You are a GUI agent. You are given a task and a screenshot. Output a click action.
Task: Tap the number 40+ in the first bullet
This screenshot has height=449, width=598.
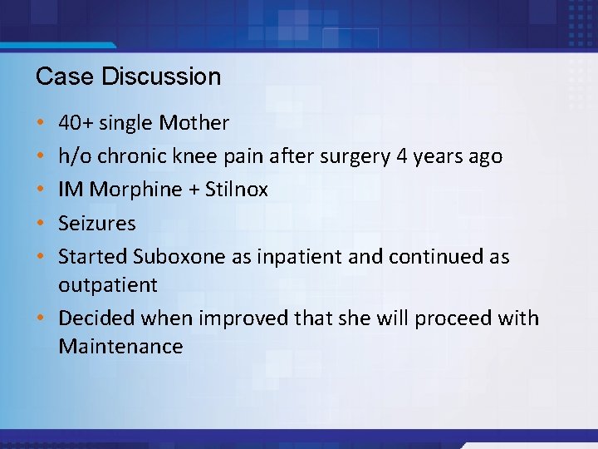[x=76, y=124]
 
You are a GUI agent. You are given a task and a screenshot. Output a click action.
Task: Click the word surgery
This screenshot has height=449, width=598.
[x=363, y=156]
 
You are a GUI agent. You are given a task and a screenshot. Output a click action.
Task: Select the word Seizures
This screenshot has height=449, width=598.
[x=96, y=223]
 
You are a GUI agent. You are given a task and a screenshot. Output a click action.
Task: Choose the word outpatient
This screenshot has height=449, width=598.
[x=107, y=285]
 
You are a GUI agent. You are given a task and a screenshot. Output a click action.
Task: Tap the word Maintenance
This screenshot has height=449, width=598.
[x=120, y=347]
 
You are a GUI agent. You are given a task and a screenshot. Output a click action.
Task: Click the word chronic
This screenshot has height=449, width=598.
[x=132, y=156]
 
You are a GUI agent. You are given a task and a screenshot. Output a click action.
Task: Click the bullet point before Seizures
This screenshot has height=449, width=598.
[x=42, y=224]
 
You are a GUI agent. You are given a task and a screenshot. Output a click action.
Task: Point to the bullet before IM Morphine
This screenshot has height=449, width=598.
[x=42, y=190]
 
